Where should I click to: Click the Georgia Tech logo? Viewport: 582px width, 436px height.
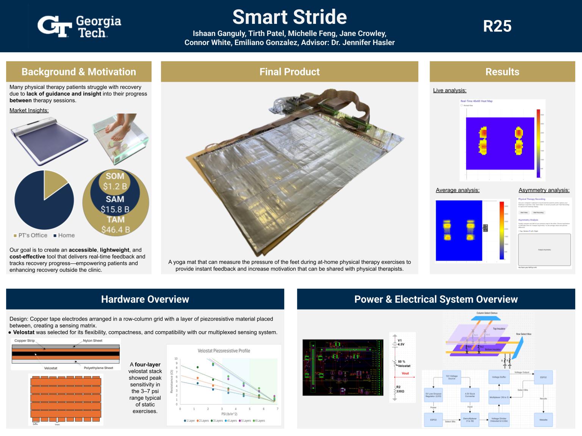pyautogui.click(x=79, y=26)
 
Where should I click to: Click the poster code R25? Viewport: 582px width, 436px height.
pyautogui.click(x=497, y=26)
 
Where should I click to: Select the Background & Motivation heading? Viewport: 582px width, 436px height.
pyautogui.click(x=79, y=72)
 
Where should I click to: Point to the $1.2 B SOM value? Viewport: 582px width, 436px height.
pyautogui.click(x=115, y=186)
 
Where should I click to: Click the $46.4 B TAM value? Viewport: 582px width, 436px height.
pyautogui.click(x=116, y=230)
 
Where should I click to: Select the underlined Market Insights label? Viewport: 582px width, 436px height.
pyautogui.click(x=29, y=111)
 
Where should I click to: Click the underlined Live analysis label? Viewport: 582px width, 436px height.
pyautogui.click(x=450, y=90)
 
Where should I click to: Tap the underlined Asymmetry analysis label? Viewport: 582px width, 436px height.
pyautogui.click(x=544, y=190)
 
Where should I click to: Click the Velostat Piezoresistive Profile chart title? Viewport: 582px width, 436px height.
pyautogui.click(x=224, y=351)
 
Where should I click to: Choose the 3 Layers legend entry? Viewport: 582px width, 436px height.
pyautogui.click(x=217, y=421)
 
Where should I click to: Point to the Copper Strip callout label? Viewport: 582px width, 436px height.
pyautogui.click(x=25, y=341)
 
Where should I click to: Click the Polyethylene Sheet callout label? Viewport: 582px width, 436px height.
pyautogui.click(x=99, y=368)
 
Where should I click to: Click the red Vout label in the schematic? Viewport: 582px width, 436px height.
pyautogui.click(x=405, y=374)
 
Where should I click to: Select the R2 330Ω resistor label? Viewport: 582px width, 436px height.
pyautogui.click(x=401, y=389)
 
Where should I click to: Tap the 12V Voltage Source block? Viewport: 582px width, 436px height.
pyautogui.click(x=452, y=377)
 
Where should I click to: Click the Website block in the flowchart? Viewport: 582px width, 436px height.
pyautogui.click(x=543, y=420)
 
